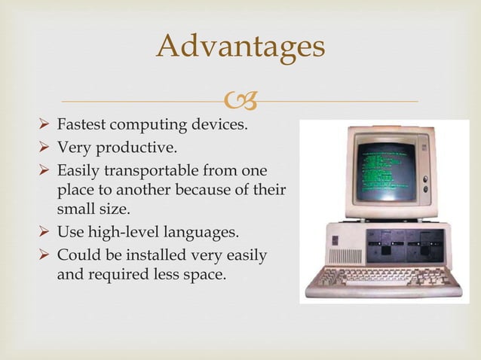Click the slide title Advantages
tap(240, 47)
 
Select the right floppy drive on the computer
tap(426, 246)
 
